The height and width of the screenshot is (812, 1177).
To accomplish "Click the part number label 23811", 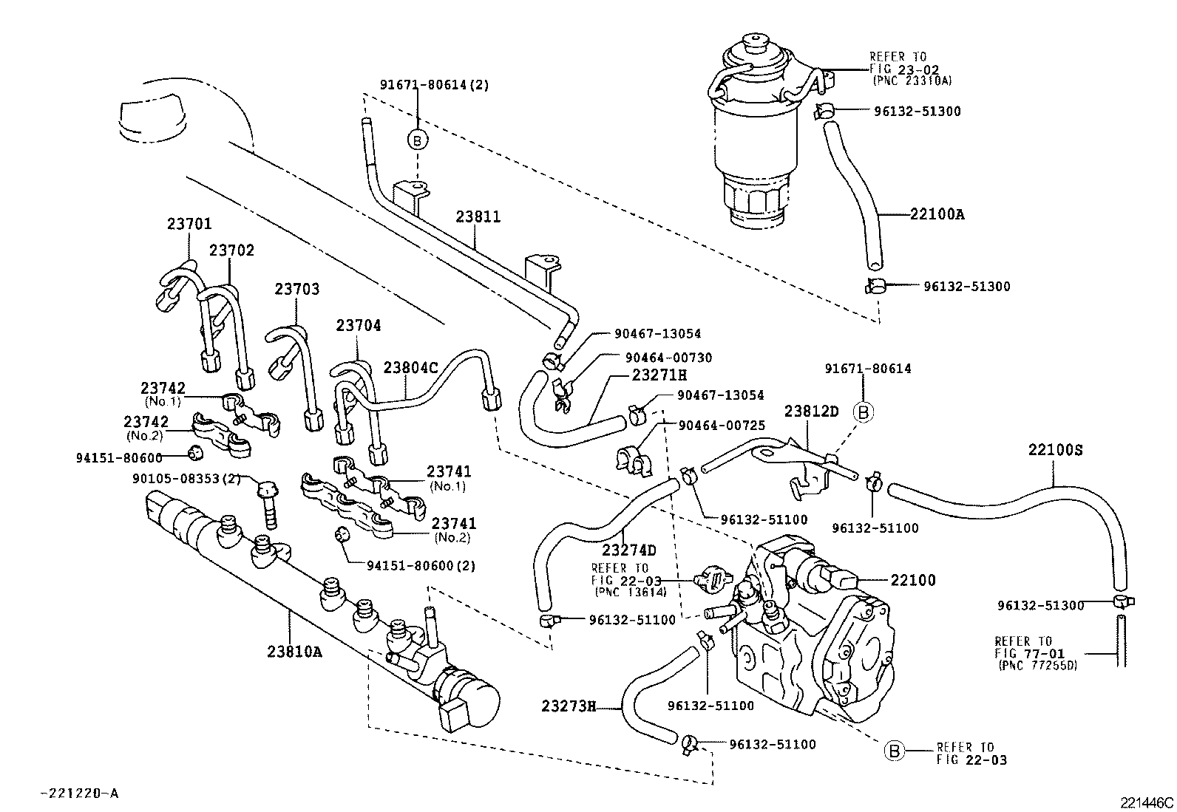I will point(478,217).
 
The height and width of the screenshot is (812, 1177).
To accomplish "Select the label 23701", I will point(189,222).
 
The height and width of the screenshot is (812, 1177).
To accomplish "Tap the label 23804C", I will point(410,367).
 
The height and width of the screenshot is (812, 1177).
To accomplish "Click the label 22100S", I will point(1054,449).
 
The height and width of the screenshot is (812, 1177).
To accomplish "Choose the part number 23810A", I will point(295,652).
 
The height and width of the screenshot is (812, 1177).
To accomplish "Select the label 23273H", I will point(568,706).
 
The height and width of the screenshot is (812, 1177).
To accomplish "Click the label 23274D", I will point(629,550).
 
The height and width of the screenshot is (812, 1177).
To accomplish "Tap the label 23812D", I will point(811,412).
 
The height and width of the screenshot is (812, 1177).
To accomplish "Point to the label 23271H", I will point(659,375).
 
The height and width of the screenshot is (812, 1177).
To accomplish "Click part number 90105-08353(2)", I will point(187,478).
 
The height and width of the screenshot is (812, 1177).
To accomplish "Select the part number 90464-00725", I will point(721,426).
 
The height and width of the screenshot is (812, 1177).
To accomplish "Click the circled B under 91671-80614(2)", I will point(418,140).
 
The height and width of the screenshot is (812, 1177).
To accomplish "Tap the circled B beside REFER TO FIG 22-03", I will point(894,751).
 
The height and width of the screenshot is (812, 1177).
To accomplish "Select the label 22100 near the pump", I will point(912,581).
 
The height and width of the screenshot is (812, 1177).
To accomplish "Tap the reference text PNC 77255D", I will point(1038,665).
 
